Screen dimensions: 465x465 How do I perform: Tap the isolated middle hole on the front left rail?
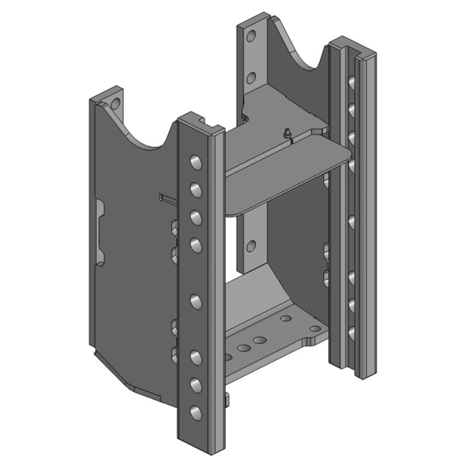coord(195,301)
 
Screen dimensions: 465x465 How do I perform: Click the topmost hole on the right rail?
coord(352,81)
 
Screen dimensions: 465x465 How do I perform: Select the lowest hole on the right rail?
coord(352,332)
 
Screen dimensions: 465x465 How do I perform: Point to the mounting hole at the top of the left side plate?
coord(115,105)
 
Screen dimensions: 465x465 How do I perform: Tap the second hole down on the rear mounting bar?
coord(251,77)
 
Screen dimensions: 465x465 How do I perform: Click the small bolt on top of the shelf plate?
coord(288,132)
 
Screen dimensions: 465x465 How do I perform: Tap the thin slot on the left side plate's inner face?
coord(166,199)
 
